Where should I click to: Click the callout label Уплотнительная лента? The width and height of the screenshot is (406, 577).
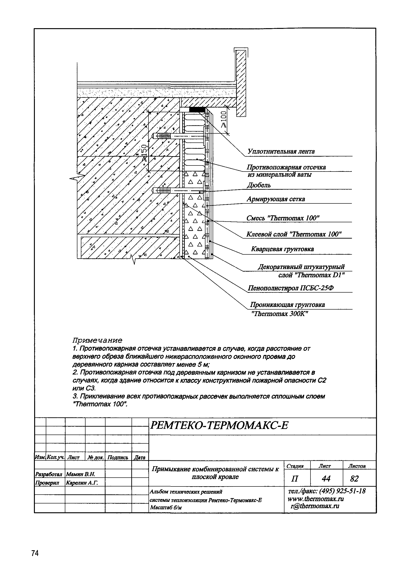click(281, 151)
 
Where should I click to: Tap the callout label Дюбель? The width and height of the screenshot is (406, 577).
click(259, 186)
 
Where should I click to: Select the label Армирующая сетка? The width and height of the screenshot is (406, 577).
click(276, 199)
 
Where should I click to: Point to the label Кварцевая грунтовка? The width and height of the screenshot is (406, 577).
click(282, 249)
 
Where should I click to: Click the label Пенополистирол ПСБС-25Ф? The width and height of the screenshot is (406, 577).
click(290, 288)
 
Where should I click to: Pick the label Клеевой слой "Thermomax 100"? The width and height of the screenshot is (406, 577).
click(294, 234)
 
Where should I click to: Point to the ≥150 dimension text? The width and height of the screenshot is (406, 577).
click(144, 152)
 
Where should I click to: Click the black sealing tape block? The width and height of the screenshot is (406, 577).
click(197, 110)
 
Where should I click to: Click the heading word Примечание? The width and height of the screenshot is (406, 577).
click(97, 340)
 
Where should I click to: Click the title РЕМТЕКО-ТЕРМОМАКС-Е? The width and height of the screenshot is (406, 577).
click(219, 425)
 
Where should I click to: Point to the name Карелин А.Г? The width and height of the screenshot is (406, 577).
click(82, 483)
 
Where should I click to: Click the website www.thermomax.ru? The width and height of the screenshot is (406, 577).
click(316, 499)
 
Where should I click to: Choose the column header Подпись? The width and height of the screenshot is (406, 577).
click(118, 457)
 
